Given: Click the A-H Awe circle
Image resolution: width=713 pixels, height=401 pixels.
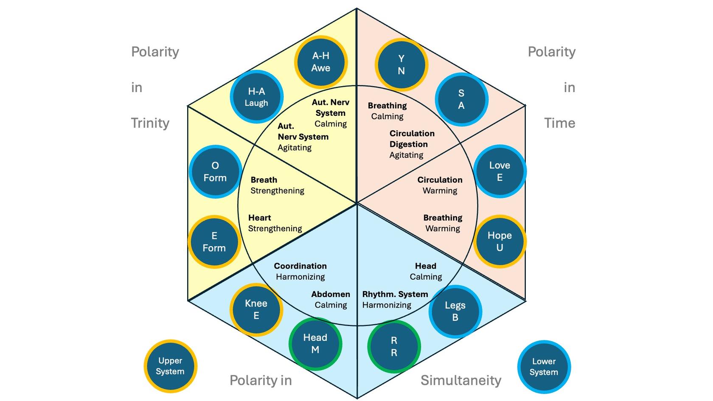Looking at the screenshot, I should coord(321,62).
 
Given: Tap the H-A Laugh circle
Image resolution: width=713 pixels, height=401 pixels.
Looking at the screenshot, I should coord(256,97).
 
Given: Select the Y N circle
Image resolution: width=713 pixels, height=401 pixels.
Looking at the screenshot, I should coord(401,64).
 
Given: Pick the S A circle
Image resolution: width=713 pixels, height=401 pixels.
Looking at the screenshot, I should coord(461,99).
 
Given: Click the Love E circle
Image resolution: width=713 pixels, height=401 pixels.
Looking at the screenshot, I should coord(500,171).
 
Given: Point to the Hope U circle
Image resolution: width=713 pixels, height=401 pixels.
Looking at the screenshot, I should coord(500,241).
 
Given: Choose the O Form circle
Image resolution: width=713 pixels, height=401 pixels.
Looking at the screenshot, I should coord(215,171).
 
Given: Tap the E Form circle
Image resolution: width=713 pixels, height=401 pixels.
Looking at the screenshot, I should coord(214,241).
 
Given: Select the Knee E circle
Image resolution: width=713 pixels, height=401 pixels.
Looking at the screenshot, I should coord(256,309).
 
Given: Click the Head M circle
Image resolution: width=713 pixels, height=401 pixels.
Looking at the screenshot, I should coord(315,344).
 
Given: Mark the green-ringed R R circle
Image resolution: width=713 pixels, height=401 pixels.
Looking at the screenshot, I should coord(394,346).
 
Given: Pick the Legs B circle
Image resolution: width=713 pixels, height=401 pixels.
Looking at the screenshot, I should coord(455,311).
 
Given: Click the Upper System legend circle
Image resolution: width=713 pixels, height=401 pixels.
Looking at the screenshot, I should coord(170,366).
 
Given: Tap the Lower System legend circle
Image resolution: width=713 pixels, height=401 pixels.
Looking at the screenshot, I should coord(544,367).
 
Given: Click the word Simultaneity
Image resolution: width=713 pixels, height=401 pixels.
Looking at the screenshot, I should coord(461,380).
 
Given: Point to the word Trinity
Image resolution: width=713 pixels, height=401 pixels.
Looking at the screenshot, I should coord(150,123).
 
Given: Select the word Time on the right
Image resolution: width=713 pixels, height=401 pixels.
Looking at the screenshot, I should coord(560,123).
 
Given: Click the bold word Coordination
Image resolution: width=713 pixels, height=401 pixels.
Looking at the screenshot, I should coord(300,266).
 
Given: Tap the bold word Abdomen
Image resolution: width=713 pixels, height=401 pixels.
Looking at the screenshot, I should coord(331,294).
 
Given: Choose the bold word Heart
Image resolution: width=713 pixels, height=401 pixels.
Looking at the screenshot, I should coord(259,218).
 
